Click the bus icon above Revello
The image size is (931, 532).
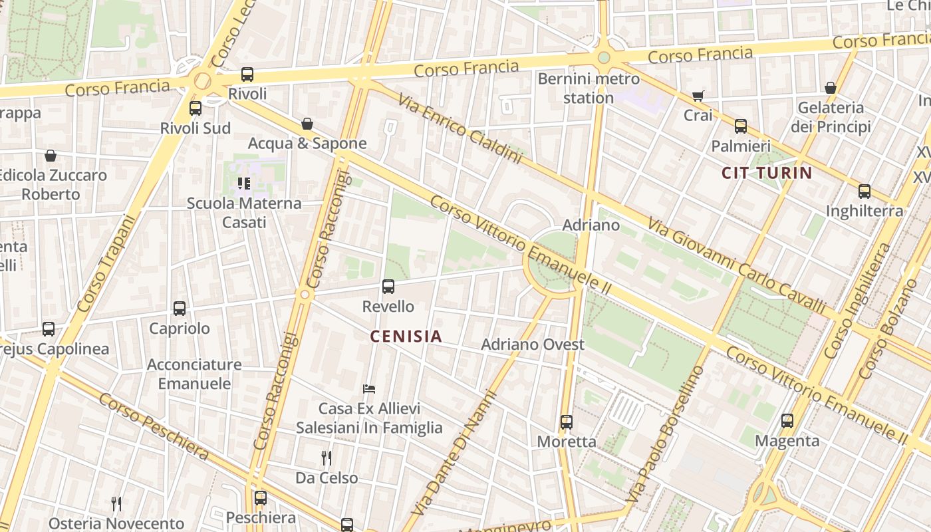[388, 287]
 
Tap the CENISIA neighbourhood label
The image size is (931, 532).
[406, 336]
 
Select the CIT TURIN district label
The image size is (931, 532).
[767, 174]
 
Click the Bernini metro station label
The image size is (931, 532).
[588, 88]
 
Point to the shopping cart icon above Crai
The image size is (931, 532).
[698, 96]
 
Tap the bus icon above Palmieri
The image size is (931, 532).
[740, 126]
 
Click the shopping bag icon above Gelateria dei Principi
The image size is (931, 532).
[830, 88]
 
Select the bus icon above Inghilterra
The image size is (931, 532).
[864, 192]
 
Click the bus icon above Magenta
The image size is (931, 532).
[787, 421]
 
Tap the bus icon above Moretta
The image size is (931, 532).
[566, 422]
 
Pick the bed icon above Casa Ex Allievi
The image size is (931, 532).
[369, 388]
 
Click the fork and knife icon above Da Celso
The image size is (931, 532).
[326, 458]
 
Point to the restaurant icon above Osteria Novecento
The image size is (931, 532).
[116, 504]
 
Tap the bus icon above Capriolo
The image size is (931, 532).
[179, 309]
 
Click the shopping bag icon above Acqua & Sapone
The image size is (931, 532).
[307, 124]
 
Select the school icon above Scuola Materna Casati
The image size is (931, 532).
[243, 183]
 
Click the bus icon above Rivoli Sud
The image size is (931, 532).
[195, 108]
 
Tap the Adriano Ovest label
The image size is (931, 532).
[532, 344]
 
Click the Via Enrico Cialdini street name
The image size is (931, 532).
[460, 129]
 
